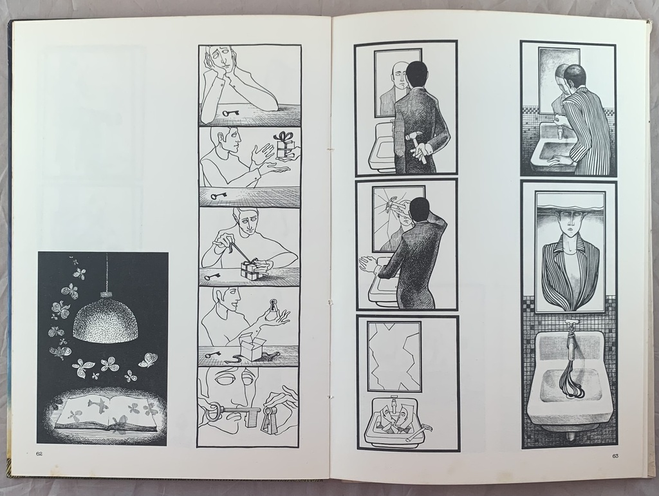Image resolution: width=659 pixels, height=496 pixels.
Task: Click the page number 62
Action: point(39,453)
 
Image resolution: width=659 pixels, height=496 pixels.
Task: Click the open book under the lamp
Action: point(107,412)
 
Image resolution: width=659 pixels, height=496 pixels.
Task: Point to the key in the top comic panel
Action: point(231,113)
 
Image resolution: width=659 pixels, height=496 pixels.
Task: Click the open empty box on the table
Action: point(252,350)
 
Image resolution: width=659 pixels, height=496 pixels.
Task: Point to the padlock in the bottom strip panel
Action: point(269,419)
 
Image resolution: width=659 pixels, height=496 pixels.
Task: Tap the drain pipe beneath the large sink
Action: point(569,434)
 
